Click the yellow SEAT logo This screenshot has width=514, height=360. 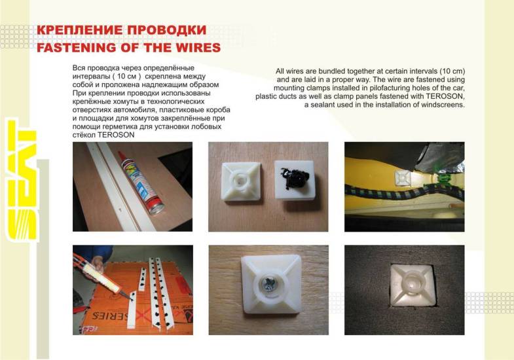click(22, 180)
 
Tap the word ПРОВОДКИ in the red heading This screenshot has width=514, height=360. click(167, 30)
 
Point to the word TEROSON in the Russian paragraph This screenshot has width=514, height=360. click(116, 135)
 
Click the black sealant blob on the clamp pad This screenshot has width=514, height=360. click(293, 179)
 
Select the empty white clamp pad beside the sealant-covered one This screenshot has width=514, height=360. click(241, 182)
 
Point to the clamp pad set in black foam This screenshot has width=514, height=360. click(412, 285)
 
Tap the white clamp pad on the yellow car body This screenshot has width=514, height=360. click(402, 178)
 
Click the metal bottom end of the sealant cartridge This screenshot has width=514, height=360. click(157, 207)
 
